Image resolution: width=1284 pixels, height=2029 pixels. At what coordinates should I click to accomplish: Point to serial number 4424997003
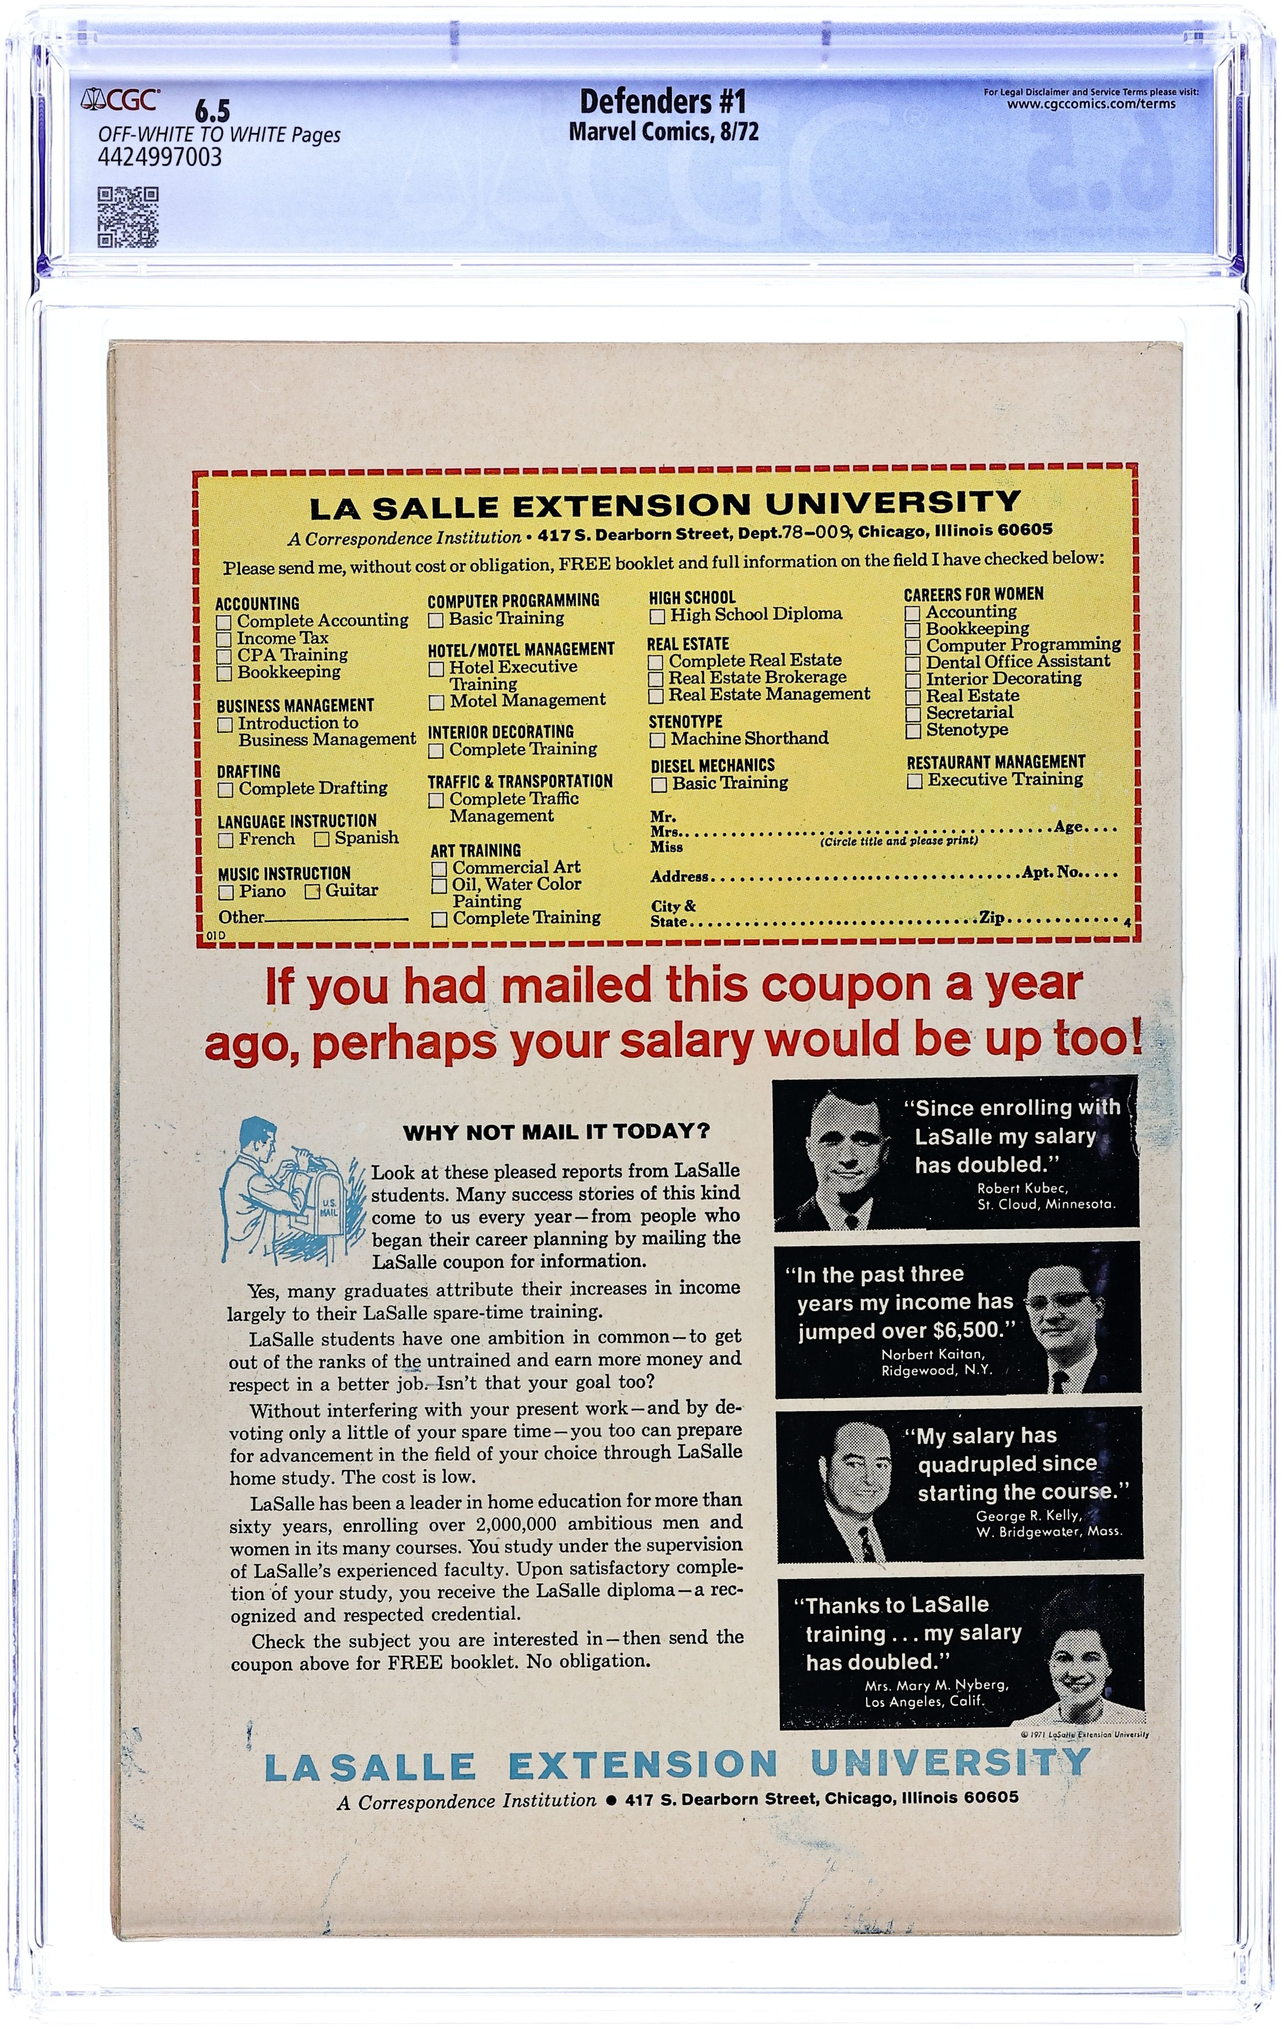click(160, 157)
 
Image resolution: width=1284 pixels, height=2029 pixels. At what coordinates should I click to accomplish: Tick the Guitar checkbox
click(312, 891)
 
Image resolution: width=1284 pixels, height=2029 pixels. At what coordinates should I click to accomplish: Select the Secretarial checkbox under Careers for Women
click(912, 714)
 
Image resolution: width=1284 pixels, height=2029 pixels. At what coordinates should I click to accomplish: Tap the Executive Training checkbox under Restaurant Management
click(915, 781)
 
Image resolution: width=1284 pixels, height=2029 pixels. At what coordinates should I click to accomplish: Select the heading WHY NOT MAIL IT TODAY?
click(557, 1131)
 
